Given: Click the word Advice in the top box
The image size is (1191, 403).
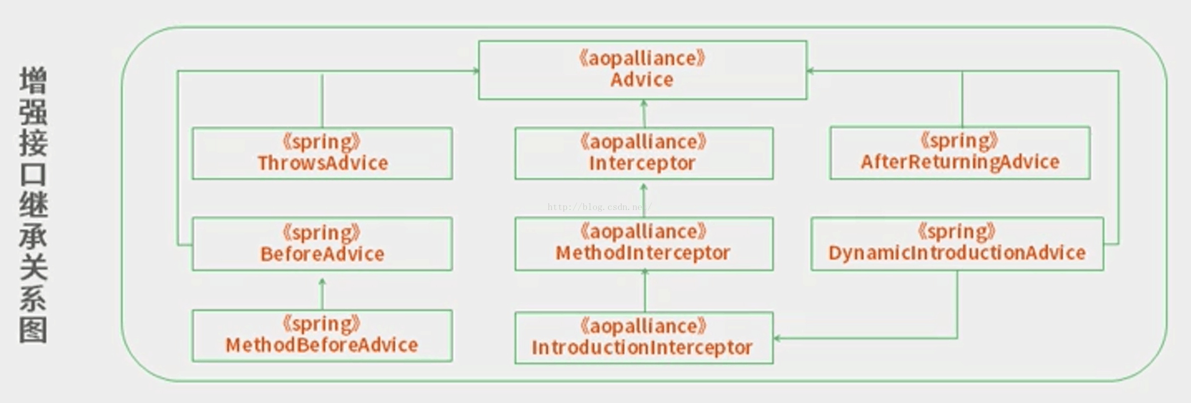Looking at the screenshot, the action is pos(642,80).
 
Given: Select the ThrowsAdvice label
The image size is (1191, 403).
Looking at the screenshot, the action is pos(322,163).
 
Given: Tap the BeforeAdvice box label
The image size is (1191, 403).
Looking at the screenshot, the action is pos(322,254).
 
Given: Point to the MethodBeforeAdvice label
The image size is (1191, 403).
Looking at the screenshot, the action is pos(322,345).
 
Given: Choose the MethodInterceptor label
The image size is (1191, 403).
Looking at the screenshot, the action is pos(643,253).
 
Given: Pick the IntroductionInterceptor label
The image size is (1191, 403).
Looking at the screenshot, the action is pos(642,348).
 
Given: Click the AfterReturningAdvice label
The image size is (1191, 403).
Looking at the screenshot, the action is pos(960,162).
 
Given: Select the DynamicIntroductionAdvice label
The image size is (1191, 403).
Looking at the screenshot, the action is pos(957,253).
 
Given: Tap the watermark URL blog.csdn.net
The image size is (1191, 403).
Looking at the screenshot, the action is pos(599,206).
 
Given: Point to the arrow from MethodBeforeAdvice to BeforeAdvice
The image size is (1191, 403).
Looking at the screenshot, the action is pos(322,294).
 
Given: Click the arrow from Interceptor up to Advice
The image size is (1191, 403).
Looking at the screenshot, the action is pos(644,113).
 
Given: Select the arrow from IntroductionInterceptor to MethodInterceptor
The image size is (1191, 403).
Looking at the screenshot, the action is pos(645,290).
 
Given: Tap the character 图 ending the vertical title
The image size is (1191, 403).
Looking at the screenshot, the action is pos(33,329).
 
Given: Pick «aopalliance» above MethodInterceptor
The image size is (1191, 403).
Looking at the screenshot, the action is pos(643,232).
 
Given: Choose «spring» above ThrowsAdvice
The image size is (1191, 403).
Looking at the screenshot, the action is pos(321,142).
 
